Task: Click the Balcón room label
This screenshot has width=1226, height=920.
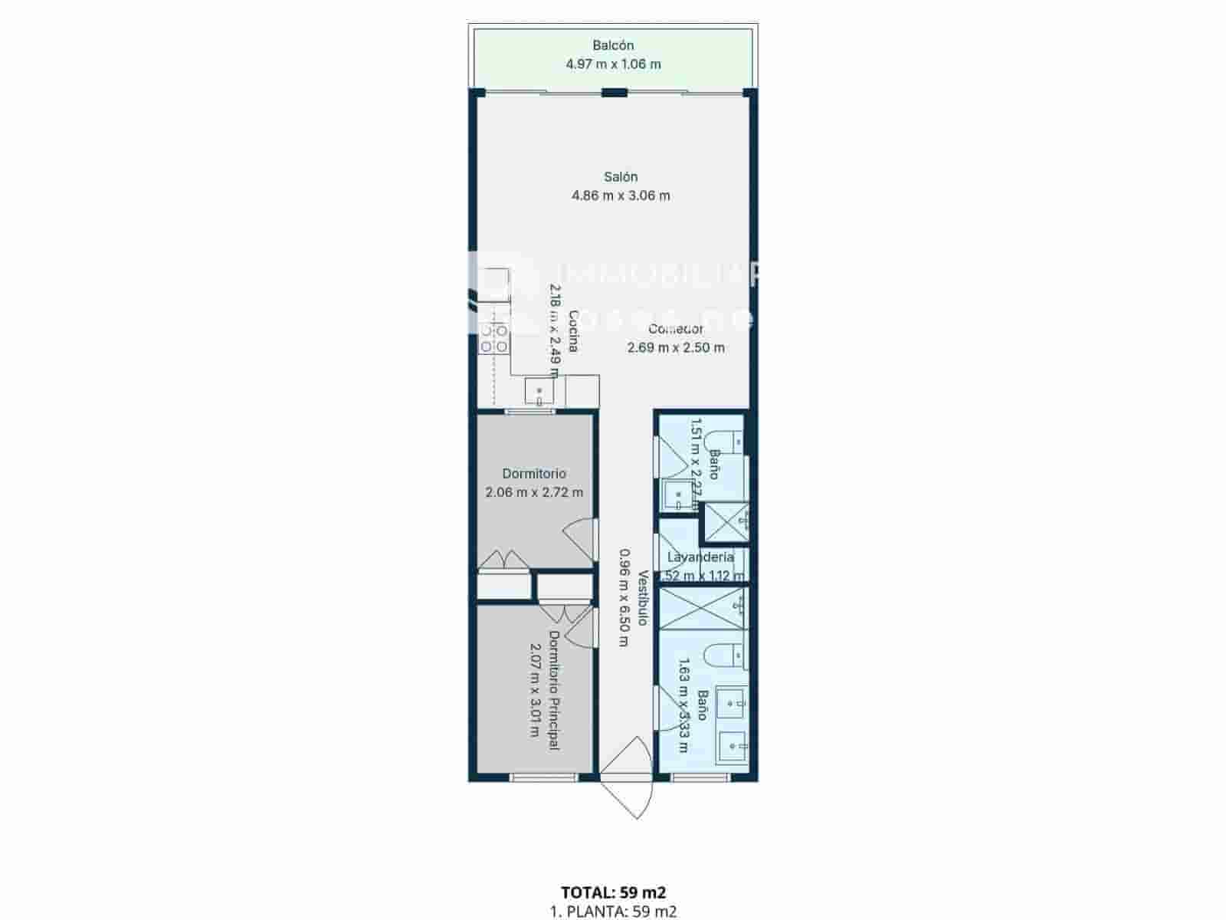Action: point(613,46)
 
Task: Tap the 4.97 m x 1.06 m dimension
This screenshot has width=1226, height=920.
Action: point(613,64)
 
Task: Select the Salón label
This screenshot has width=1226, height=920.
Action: point(621,177)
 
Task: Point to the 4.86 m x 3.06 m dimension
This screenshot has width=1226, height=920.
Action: point(621,195)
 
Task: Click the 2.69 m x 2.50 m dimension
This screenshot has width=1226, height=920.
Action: point(676,348)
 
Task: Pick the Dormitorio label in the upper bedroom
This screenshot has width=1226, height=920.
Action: point(534,474)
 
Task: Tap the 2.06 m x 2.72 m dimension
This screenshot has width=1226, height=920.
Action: point(534,492)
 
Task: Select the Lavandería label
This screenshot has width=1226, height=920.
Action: point(700,557)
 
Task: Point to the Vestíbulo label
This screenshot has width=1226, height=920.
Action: point(643,598)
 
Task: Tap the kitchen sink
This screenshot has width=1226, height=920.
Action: point(539,391)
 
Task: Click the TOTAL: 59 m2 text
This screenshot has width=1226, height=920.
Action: point(613,892)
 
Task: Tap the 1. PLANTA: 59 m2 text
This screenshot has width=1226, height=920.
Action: point(613,912)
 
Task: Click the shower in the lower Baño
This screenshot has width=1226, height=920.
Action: point(703,609)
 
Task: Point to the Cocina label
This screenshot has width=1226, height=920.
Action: point(573,331)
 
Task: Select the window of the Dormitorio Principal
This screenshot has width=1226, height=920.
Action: point(544,777)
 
